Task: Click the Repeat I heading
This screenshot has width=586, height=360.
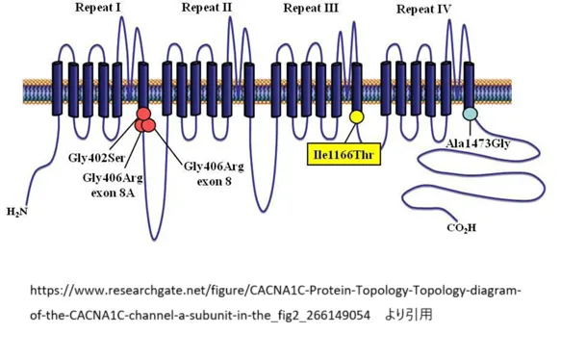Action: (98, 9)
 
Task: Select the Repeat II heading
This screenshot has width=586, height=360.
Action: (207, 9)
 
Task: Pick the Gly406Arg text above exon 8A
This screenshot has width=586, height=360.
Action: (114, 177)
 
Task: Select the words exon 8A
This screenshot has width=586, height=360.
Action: (114, 192)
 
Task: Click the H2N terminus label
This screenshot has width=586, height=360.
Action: (17, 212)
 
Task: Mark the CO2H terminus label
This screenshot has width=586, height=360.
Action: (462, 228)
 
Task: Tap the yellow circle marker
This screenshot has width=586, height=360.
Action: (356, 117)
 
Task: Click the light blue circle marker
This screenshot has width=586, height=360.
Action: (470, 115)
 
